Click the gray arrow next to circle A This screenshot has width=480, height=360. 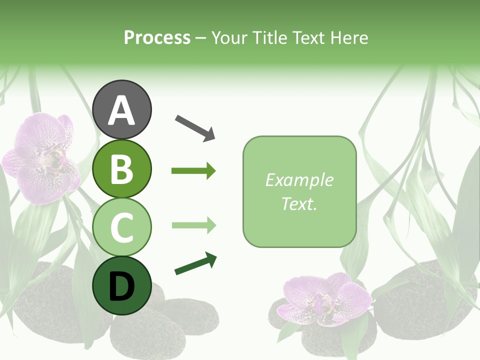click(195, 127)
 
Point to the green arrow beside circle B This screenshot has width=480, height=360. click(193, 171)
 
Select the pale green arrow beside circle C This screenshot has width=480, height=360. click(193, 225)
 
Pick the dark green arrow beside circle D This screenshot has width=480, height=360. click(195, 264)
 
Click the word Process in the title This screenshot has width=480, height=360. click(157, 38)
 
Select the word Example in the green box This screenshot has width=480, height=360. click(299, 180)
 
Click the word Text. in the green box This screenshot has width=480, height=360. click(299, 203)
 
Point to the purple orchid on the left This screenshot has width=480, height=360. click(42, 157)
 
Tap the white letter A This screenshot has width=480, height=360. click(122, 110)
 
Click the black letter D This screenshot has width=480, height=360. click(122, 286)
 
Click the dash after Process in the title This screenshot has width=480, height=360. click(201, 38)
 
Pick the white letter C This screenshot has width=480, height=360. click(122, 227)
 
